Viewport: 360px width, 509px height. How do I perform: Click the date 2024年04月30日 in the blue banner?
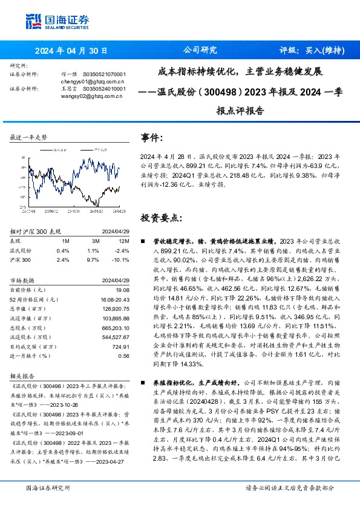(x=71, y=51)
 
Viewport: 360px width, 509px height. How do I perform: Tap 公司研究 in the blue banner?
(x=200, y=51)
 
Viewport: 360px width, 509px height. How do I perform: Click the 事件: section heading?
(x=151, y=138)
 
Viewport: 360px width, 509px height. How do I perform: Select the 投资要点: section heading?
(x=160, y=217)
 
